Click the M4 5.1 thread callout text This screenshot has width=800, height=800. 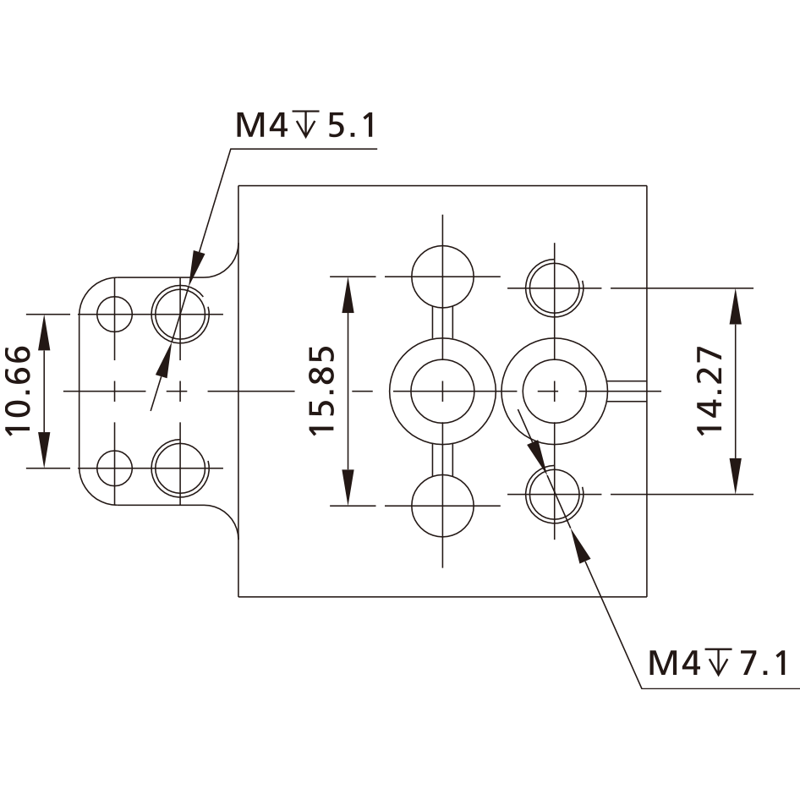coord(305,125)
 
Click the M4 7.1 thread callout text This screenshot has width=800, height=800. coord(718,663)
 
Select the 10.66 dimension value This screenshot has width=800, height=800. coord(19,391)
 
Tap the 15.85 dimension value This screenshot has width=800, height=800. coord(322,391)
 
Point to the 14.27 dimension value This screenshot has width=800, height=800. coord(710,391)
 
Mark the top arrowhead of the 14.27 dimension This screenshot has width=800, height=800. coord(735,306)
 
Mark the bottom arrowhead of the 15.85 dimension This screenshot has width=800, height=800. coord(348,488)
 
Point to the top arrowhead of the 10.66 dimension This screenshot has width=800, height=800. coord(44,332)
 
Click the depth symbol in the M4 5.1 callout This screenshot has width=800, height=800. coord(305,124)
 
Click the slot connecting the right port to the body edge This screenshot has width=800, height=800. coord(627,392)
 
